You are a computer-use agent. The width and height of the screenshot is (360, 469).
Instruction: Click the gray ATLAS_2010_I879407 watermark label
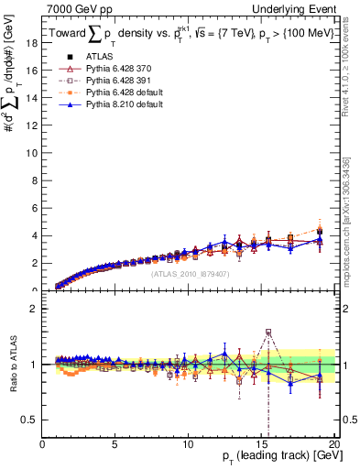click(191, 273)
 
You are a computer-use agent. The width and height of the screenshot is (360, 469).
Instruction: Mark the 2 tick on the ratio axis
click(34, 309)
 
